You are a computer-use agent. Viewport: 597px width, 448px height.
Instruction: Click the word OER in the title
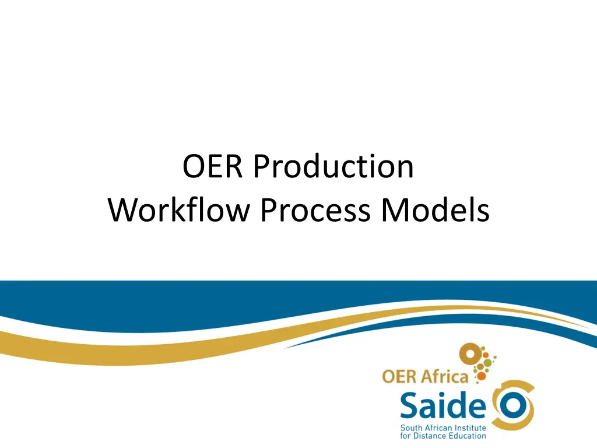213,167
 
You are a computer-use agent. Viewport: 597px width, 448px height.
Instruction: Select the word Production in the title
333,167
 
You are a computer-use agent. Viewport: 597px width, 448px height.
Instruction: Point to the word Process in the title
315,211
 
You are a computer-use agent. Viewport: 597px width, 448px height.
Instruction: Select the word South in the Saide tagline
410,428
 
